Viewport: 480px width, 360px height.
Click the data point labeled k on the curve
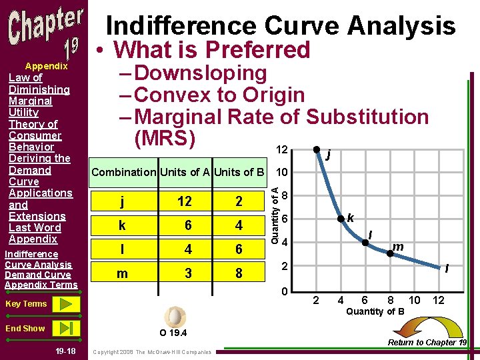(340, 218)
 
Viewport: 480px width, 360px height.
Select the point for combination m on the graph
(389, 253)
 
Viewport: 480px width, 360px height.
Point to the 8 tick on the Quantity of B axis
(390, 301)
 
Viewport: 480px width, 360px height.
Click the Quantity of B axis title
(375, 312)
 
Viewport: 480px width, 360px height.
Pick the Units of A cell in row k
(188, 225)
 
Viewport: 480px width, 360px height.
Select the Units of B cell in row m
(238, 273)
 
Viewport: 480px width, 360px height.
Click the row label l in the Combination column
(121, 249)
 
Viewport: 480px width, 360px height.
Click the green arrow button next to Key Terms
(65, 304)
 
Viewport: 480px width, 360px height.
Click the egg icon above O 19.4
(176, 315)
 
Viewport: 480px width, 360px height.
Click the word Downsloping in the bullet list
(200, 73)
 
